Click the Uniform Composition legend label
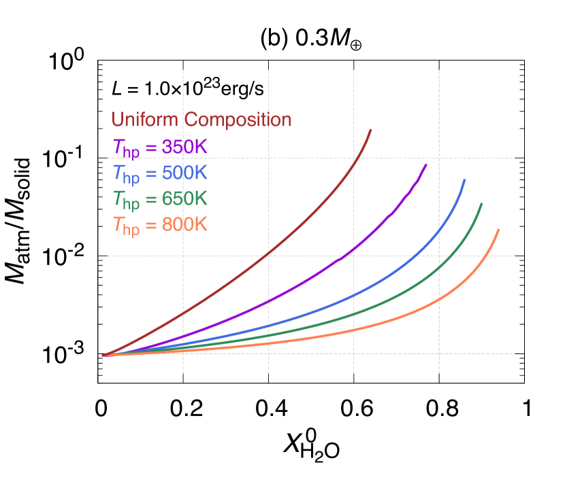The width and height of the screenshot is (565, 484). [x=201, y=120]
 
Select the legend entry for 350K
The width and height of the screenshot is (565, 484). [x=159, y=147]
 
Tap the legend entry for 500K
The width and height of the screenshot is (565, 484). [x=159, y=173]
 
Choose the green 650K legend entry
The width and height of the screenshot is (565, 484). [x=159, y=199]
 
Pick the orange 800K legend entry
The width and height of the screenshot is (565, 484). [x=159, y=225]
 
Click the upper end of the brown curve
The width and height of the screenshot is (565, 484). [x=371, y=129]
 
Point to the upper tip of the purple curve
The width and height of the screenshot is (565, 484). [x=426, y=164]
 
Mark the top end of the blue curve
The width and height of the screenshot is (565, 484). [x=465, y=179]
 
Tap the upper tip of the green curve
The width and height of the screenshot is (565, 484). [x=482, y=203]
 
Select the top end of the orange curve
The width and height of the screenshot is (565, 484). [x=499, y=230]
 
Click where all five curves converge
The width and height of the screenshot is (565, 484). [x=103, y=355]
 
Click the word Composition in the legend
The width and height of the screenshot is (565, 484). [x=238, y=120]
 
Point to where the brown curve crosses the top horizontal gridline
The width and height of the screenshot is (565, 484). [x=356, y=158]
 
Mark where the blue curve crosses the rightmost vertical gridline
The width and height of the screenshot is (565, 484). [x=439, y=229]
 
